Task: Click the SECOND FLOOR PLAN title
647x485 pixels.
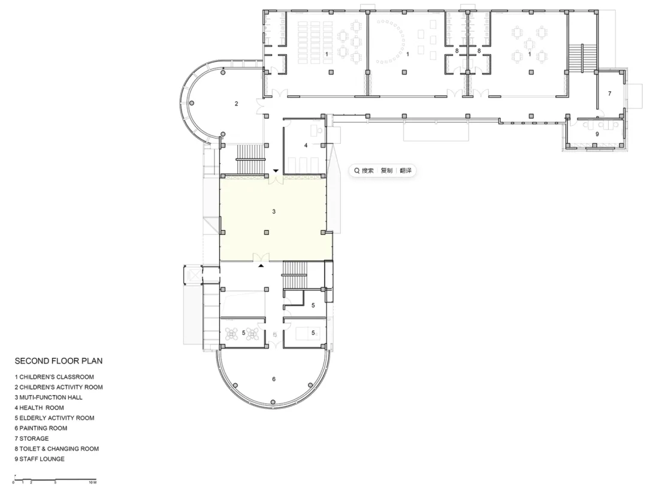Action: coord(59,361)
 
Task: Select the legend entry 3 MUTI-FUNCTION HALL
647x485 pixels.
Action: coord(49,397)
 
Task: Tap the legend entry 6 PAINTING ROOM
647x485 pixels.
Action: coord(41,429)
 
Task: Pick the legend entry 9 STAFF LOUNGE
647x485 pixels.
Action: coord(40,459)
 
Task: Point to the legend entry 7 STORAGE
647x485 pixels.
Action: coord(32,439)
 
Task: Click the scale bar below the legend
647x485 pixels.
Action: coord(55,479)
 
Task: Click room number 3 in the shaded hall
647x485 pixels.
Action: coord(274,212)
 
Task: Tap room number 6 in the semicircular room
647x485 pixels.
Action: coord(274,379)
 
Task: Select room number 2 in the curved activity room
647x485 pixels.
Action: coord(237,104)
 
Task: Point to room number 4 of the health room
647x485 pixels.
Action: coord(306,145)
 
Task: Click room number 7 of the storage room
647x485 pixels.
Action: coord(610,94)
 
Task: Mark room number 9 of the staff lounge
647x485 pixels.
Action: coord(597,134)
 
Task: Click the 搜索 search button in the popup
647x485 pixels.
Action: coord(364,170)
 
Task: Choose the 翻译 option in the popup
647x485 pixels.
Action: coord(406,170)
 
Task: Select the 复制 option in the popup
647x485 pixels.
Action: coord(386,170)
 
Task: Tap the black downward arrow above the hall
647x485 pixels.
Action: coord(276,171)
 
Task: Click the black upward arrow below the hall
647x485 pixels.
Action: coord(261,266)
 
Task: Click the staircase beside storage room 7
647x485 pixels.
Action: coord(582,57)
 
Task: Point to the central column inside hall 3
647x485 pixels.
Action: coord(267,233)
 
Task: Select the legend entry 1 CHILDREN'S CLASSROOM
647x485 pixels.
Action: coord(55,377)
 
